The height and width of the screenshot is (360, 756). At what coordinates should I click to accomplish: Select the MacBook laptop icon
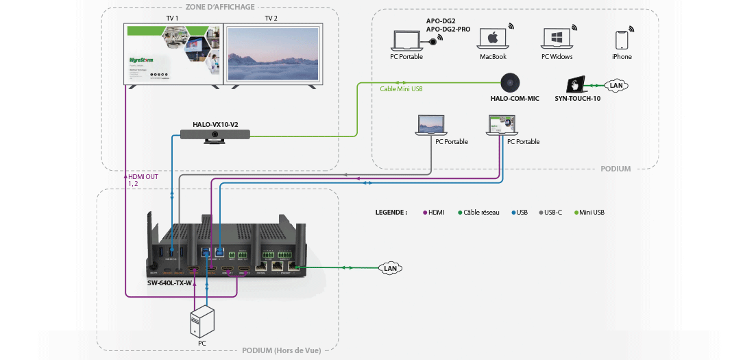click(x=493, y=39)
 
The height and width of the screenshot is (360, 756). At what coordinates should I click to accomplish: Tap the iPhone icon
click(x=622, y=40)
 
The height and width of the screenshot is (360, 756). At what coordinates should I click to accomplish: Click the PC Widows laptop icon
click(x=557, y=39)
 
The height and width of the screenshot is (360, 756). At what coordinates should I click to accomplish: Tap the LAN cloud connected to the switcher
click(x=390, y=268)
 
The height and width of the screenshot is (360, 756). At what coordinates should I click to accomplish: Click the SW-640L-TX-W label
click(x=169, y=283)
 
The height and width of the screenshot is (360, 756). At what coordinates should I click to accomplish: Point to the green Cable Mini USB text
click(x=400, y=89)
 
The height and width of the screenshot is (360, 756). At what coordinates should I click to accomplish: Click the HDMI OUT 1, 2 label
click(x=143, y=180)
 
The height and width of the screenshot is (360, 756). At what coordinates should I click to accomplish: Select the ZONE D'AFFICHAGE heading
click(x=220, y=7)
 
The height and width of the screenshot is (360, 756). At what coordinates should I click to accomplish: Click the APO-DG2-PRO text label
click(x=449, y=29)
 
